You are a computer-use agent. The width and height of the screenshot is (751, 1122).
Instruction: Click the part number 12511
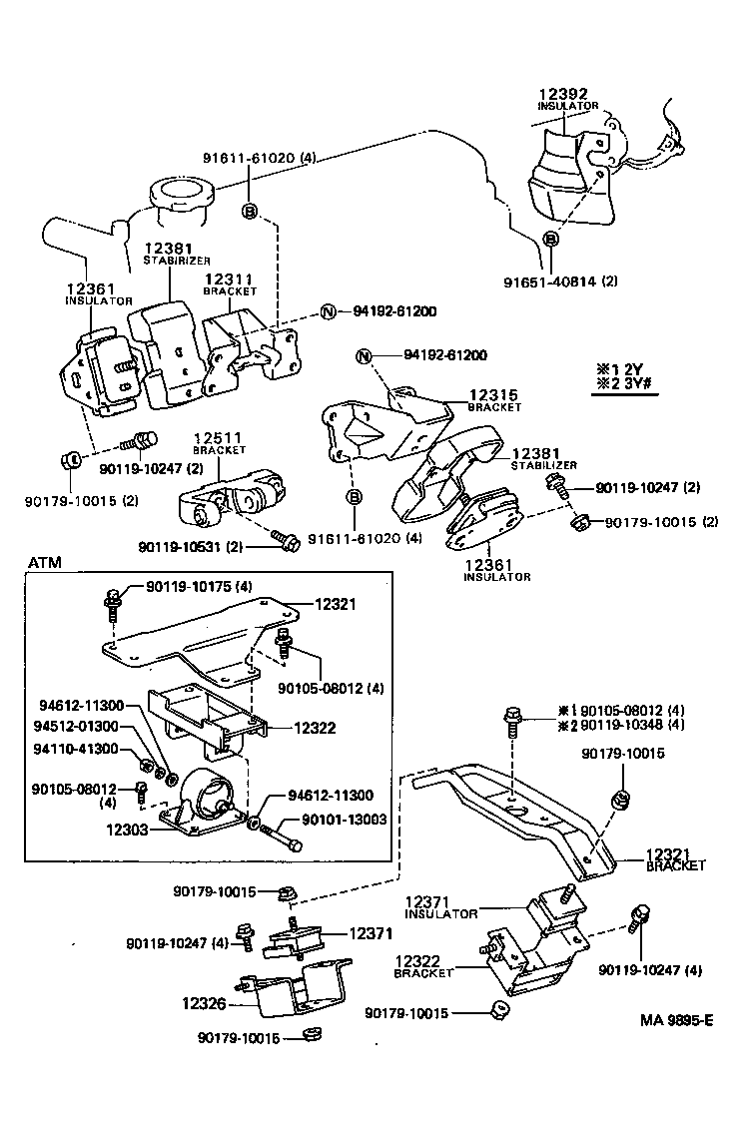[x=219, y=438]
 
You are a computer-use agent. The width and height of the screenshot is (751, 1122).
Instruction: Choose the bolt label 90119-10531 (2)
[x=202, y=545]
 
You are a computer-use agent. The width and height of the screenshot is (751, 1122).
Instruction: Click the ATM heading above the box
[x=44, y=563]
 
